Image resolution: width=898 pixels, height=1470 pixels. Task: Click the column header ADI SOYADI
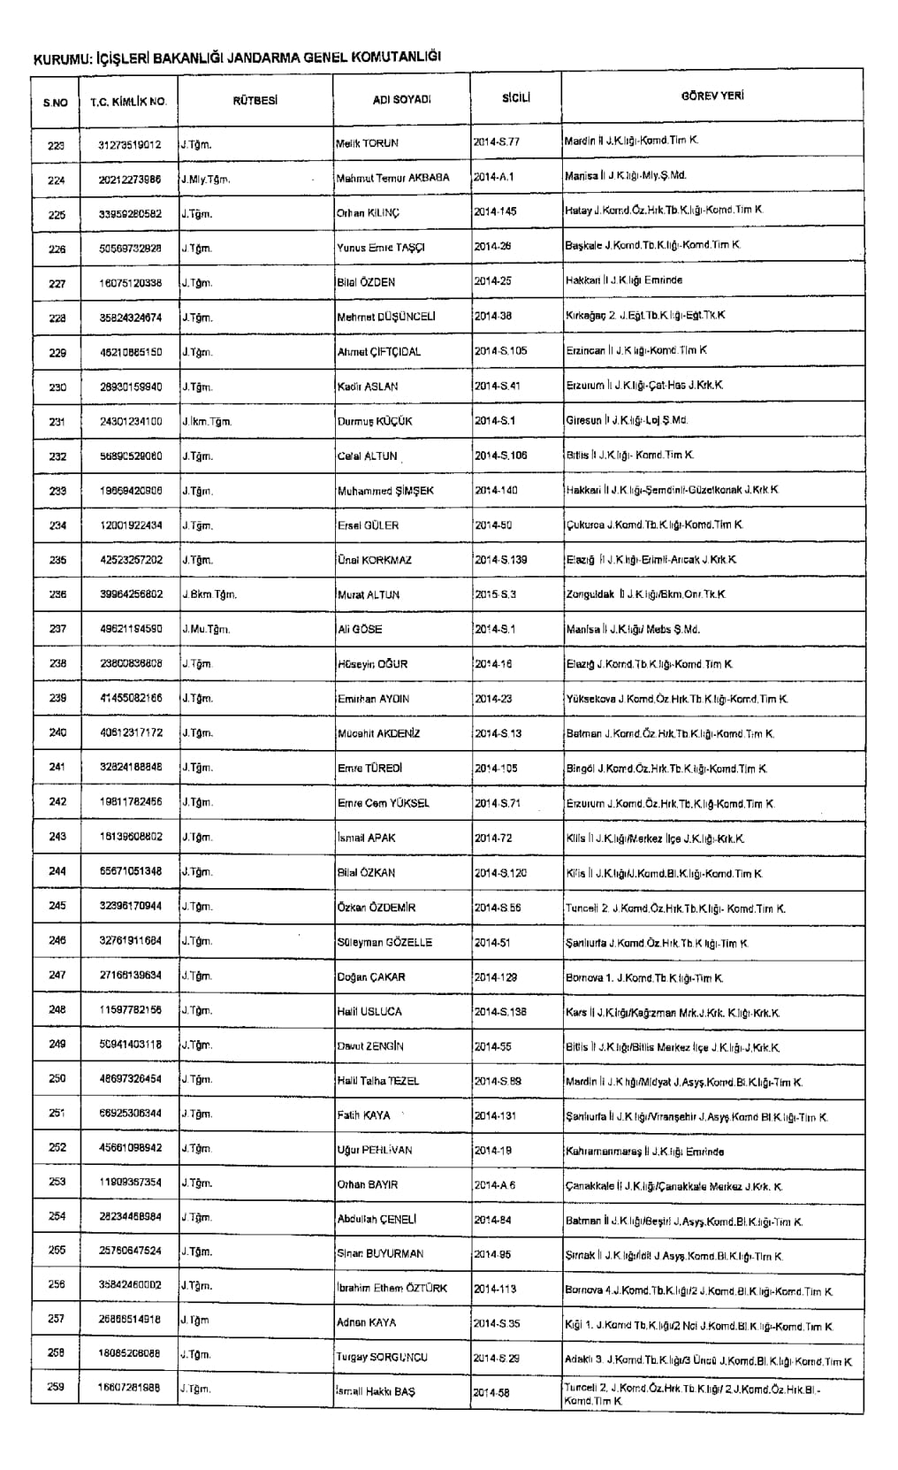pyautogui.click(x=401, y=100)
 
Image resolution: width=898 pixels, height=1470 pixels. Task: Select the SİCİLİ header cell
pyautogui.click(x=515, y=98)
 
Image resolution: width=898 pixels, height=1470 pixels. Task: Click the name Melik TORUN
pyautogui.click(x=368, y=142)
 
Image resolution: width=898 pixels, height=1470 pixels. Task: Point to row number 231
pyautogui.click(x=57, y=422)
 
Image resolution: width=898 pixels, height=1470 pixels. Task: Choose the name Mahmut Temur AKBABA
pyautogui.click(x=392, y=178)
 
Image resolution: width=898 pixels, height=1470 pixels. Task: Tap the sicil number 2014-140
pyautogui.click(x=496, y=490)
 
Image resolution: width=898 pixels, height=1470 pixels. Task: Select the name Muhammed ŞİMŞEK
pyautogui.click(x=385, y=491)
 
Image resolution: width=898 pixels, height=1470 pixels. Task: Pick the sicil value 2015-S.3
pyautogui.click(x=496, y=594)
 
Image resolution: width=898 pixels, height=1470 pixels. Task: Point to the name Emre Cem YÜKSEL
pyautogui.click(x=384, y=803)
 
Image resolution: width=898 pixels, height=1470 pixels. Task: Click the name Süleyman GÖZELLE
pyautogui.click(x=384, y=943)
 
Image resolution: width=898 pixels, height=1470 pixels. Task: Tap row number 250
pyautogui.click(x=57, y=1079)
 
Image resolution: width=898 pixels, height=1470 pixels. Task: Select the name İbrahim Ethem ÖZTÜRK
pyautogui.click(x=392, y=1289)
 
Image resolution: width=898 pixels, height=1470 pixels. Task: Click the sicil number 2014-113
pyautogui.click(x=496, y=1289)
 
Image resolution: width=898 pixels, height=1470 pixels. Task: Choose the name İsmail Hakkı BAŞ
pyautogui.click(x=376, y=1392)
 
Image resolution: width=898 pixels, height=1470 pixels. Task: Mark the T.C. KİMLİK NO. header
pyautogui.click(x=128, y=102)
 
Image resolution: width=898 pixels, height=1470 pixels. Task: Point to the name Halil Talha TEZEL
pyautogui.click(x=378, y=1081)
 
